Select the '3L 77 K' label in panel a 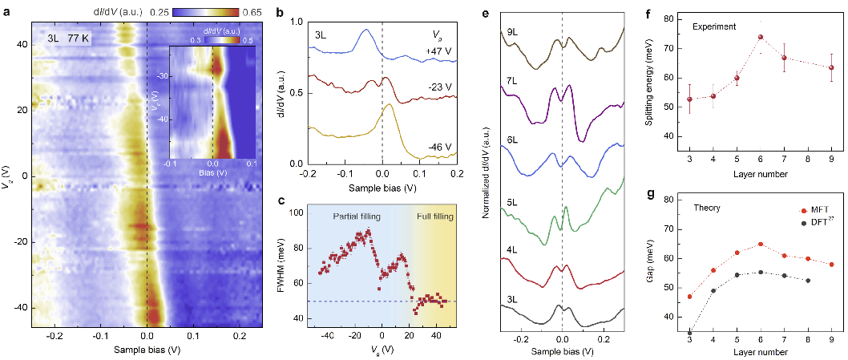[x=59, y=35]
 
